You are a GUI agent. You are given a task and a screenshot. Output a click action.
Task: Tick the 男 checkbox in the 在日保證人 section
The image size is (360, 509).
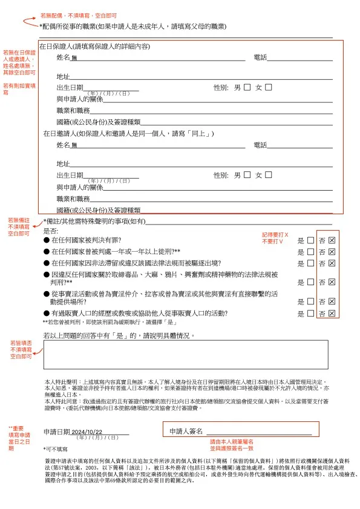click(247, 87)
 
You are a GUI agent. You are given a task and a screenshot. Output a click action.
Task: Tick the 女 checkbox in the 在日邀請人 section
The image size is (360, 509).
click(269, 175)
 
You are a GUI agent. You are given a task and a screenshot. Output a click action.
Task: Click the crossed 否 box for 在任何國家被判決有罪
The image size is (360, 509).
click(332, 240)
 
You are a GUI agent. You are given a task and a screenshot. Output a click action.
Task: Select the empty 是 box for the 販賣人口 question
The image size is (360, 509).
click(310, 314)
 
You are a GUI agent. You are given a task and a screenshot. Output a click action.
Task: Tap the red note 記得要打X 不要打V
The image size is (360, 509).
click(275, 237)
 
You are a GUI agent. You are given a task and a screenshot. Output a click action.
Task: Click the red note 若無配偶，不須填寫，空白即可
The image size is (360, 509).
click(79, 15)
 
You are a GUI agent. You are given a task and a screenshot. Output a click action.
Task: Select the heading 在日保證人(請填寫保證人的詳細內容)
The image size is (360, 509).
click(94, 47)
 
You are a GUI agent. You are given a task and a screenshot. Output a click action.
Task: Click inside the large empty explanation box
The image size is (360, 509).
click(185, 354)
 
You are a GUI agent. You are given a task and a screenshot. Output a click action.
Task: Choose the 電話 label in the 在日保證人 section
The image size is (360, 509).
click(260, 57)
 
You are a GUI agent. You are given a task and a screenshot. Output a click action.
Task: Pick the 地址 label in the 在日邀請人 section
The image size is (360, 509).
click(63, 164)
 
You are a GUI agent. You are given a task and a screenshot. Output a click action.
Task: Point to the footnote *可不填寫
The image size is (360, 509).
click(56, 450)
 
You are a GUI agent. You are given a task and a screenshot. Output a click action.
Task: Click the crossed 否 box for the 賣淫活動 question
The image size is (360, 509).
click(332, 301)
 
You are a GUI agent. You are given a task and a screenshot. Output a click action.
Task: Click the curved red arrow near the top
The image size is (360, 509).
click(30, 22)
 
